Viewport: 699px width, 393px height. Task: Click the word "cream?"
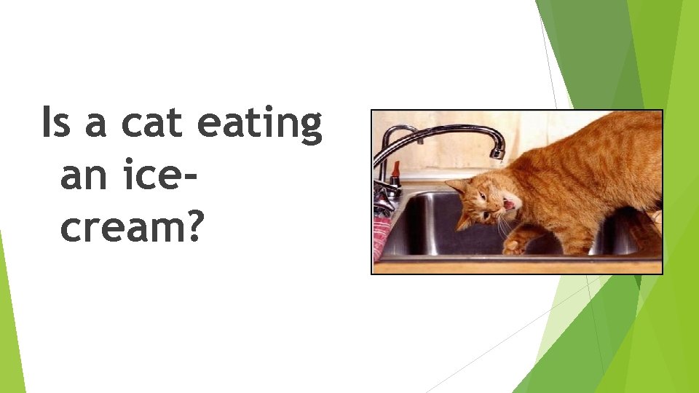pyautogui.click(x=132, y=228)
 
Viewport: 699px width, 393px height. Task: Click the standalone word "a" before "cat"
pyautogui.click(x=95, y=125)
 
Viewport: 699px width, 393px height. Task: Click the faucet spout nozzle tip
pyautogui.click(x=497, y=154)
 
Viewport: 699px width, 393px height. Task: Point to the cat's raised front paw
pyautogui.click(x=514, y=246)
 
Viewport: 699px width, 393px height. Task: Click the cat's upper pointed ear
pyautogui.click(x=456, y=186)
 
